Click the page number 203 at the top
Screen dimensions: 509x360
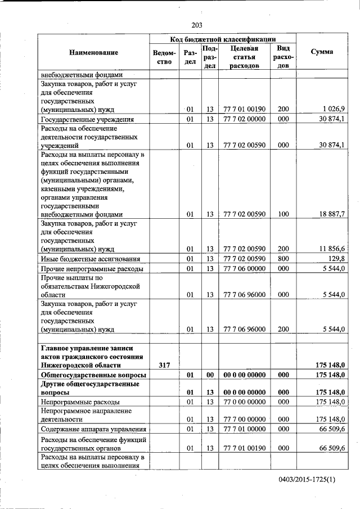click(196, 25)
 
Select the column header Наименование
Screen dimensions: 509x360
click(93, 52)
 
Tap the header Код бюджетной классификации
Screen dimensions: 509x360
click(223, 39)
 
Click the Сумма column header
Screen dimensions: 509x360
click(321, 52)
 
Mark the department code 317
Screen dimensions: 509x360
click(164, 365)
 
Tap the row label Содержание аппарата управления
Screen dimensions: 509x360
click(90, 429)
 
